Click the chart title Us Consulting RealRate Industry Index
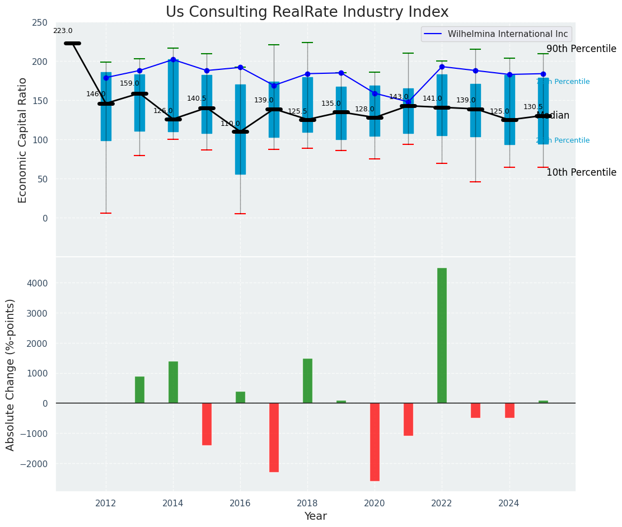pos(307,12)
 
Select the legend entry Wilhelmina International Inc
pos(507,34)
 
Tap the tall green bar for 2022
pos(442,335)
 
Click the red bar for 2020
pos(375,441)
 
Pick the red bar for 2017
pos(274,437)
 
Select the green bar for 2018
pos(307,380)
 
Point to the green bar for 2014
pos(173,382)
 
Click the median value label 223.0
pos(63,31)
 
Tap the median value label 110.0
pos(230,124)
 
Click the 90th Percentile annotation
pos(581,49)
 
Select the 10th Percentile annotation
pos(581,172)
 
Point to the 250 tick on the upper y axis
pos(39,22)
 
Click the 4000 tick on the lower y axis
pos(37,283)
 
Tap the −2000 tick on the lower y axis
pos(35,464)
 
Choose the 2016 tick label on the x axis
pos(240,503)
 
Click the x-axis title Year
pos(316,516)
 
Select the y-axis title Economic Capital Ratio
pos(23,140)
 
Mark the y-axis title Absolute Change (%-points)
pos(11,374)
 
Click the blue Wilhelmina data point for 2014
pos(173,59)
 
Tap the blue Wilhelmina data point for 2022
pos(442,67)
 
